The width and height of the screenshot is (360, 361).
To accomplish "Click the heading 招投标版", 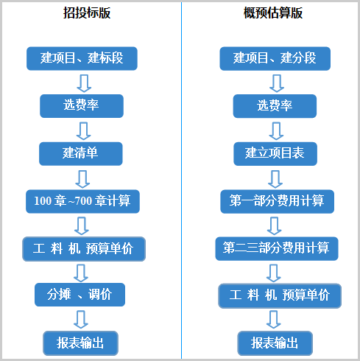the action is point(87,13).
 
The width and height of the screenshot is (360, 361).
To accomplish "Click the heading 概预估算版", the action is point(273,13).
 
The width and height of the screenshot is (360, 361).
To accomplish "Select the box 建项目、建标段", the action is point(82,58).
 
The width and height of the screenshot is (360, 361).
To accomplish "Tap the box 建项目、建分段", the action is point(275,58).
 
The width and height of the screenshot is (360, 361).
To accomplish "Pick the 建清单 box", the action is point(81,153).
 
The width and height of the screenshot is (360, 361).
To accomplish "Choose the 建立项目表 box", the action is point(275,153).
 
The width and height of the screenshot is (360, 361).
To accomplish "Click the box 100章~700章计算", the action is point(82,201).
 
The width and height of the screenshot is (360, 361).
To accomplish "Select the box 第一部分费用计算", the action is point(278,201).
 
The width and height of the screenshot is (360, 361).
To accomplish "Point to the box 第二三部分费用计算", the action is point(277,248).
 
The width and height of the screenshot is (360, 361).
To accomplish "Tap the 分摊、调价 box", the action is point(80,295).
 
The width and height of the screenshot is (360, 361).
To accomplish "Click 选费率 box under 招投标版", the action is point(82,106).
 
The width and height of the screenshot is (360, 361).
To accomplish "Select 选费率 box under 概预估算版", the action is point(275,106).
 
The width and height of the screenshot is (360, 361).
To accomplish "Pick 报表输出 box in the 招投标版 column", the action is point(80,343).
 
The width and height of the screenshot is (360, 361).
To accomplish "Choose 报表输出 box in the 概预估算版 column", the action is point(275,343).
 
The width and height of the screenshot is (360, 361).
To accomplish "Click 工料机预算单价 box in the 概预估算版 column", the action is point(280,295).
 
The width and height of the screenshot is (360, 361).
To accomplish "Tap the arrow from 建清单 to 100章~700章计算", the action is point(82,179).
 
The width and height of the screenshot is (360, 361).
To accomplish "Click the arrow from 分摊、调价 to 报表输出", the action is point(81,320).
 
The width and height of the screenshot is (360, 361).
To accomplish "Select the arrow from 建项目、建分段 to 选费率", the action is point(277,83).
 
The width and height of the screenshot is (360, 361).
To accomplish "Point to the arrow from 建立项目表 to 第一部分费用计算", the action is point(275,179).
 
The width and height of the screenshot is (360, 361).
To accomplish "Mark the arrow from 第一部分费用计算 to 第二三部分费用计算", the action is point(275,225).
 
